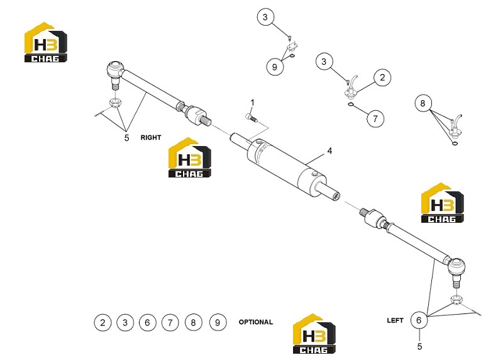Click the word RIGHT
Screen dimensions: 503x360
tap(151, 137)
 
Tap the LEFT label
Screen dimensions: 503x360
tap(395, 320)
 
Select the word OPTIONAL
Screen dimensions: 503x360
tap(256, 322)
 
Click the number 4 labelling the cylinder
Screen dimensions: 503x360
tap(329, 151)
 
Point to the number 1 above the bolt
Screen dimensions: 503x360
tap(253, 103)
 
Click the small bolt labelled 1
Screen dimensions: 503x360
tap(251, 118)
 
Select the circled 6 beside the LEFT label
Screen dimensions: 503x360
tap(419, 320)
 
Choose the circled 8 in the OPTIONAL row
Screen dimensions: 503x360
tap(194, 322)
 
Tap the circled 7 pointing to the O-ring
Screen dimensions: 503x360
tap(375, 118)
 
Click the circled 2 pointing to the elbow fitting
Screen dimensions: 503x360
tap(382, 77)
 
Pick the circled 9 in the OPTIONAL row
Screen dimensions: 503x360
tap(218, 322)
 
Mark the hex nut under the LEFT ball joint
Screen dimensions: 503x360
tap(456, 300)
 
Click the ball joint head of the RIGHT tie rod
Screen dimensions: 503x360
tap(114, 70)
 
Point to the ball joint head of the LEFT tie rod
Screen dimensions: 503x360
tap(456, 267)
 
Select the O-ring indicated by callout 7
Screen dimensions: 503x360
tap(351, 104)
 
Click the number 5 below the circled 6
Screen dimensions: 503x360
tap(419, 347)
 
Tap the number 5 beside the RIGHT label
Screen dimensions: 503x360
tap(127, 138)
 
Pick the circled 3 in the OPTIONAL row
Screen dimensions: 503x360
tap(125, 322)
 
